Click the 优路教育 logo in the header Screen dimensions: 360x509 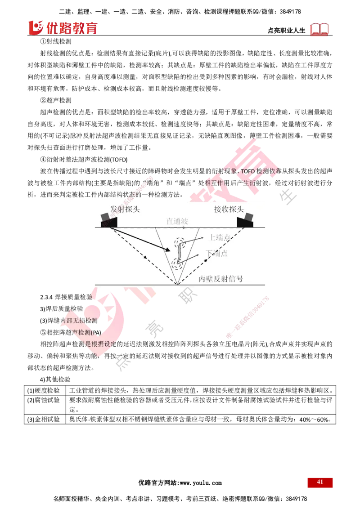pyautogui.click(x=63, y=27)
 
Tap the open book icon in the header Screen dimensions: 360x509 pyautogui.click(x=319, y=29)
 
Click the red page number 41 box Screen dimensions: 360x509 pyautogui.click(x=319, y=482)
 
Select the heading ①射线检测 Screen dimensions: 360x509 pyautogui.click(x=55, y=41)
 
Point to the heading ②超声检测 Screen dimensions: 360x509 pyautogui.click(x=55, y=100)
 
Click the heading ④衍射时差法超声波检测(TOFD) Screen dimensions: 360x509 pyautogui.click(x=84, y=159)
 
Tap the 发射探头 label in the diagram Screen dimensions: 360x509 pyautogui.click(x=125, y=209)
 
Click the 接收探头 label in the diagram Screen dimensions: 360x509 pyautogui.click(x=229, y=209)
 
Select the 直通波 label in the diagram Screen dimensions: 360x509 pyautogui.click(x=177, y=221)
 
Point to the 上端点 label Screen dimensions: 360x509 pyautogui.click(x=220, y=237)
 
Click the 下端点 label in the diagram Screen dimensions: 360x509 pyautogui.click(x=217, y=253)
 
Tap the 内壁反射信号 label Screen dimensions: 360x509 pyautogui.click(x=221, y=278)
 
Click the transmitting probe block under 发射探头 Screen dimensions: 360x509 pyautogui.click(x=109, y=220)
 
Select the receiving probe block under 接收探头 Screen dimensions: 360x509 pyautogui.click(x=245, y=220)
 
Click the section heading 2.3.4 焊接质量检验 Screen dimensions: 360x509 pyautogui.click(x=66, y=297)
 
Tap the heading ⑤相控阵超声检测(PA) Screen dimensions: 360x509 pyautogui.click(x=71, y=332)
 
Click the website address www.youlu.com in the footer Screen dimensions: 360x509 pyautogui.click(x=201, y=483)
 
